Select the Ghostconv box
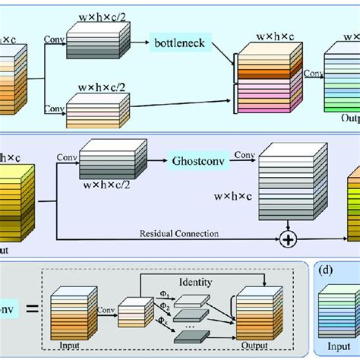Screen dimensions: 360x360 click(x=197, y=160)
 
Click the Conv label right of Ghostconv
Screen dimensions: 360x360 click(x=244, y=154)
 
